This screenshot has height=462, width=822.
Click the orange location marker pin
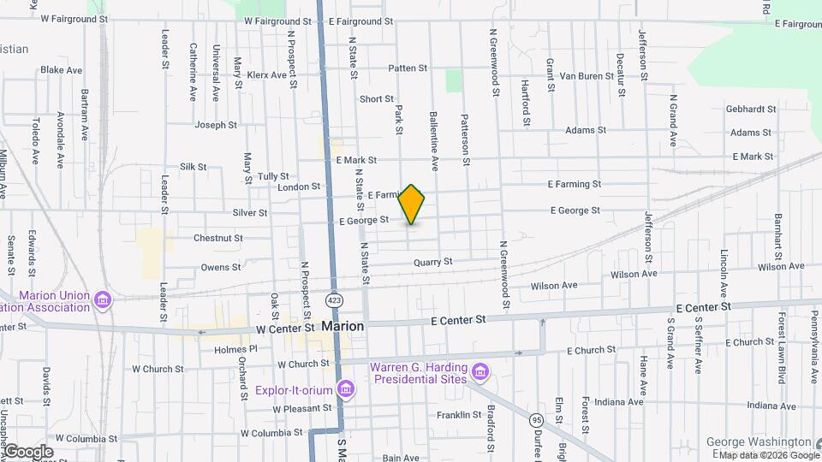click(412, 204)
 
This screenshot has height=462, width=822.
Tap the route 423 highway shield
click(333, 300)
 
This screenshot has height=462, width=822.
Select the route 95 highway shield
click(536, 420)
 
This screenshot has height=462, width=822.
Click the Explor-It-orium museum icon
click(346, 390)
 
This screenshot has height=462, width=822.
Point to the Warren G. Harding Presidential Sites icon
click(480, 372)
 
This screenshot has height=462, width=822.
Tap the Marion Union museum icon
click(103, 300)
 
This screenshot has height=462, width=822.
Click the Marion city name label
click(342, 326)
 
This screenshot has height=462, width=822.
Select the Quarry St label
click(432, 262)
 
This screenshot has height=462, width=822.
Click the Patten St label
click(407, 68)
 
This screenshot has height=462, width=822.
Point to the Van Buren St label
click(588, 75)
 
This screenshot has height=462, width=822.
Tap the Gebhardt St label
click(750, 110)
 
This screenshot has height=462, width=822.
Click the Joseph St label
click(216, 125)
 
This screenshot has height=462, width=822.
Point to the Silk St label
click(194, 167)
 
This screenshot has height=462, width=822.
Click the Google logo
click(28, 452)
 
